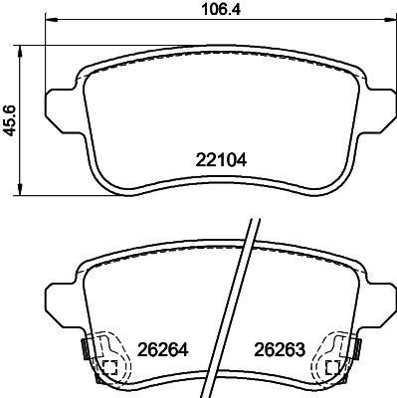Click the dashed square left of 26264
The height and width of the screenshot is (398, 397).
110,367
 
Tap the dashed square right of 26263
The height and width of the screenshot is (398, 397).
329,367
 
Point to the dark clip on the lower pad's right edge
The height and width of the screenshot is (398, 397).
353,350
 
